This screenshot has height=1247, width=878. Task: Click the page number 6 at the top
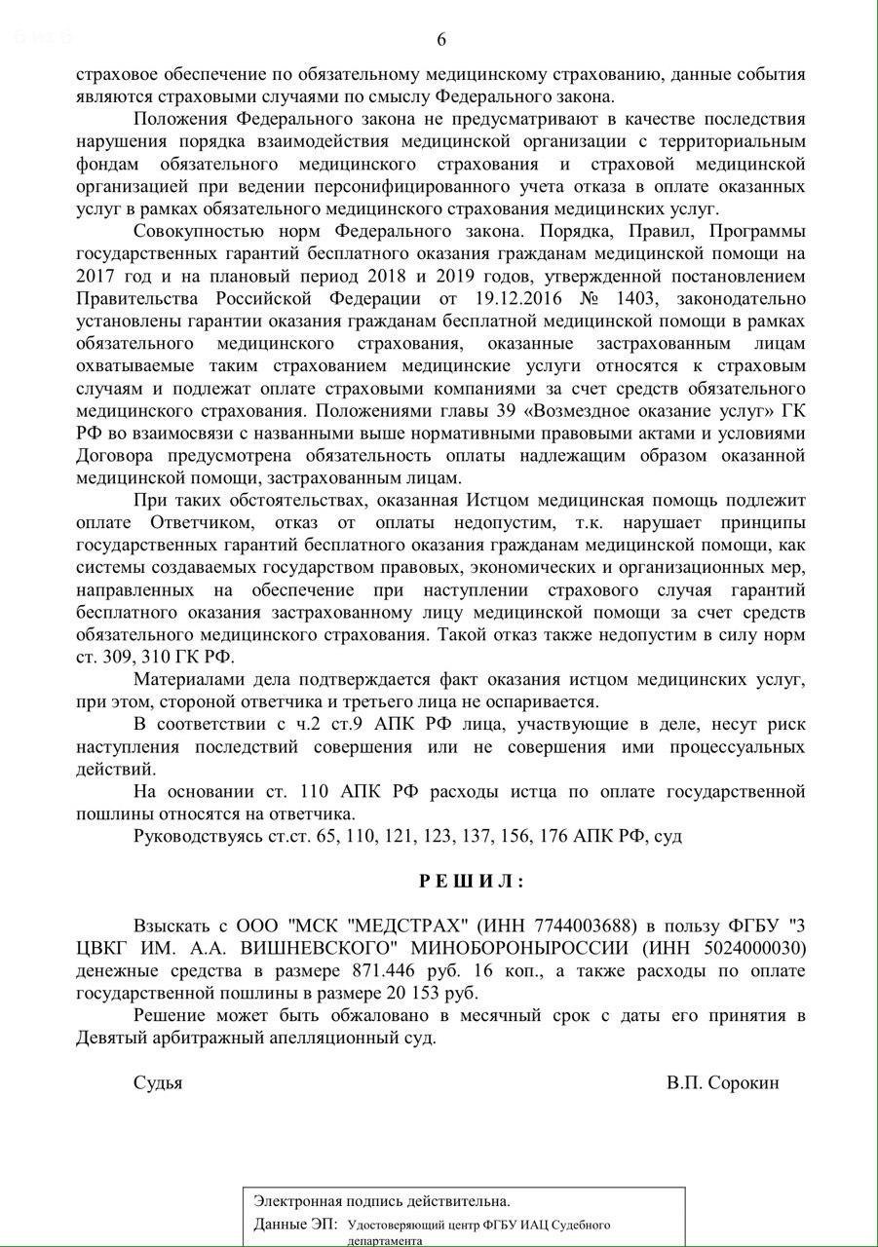click(441, 40)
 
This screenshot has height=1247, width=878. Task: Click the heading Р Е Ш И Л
click(472, 881)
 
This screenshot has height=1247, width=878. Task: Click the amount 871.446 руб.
click(401, 970)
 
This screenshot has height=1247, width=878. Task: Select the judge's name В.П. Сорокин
click(723, 1082)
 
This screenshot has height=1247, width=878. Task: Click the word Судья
click(158, 1082)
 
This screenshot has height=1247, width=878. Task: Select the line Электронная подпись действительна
click(381, 1201)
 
